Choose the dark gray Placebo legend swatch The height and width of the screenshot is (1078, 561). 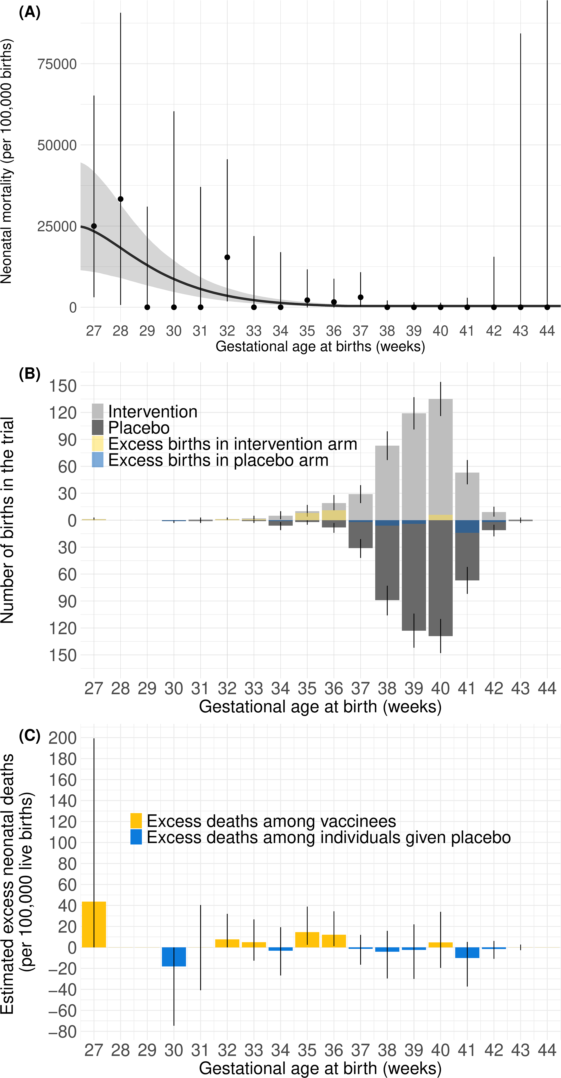click(97, 427)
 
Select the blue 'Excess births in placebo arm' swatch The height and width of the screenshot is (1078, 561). click(97, 459)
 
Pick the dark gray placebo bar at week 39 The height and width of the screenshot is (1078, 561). click(414, 577)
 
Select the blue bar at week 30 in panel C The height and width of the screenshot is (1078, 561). click(174, 957)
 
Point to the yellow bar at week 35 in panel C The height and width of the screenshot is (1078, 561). click(307, 940)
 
